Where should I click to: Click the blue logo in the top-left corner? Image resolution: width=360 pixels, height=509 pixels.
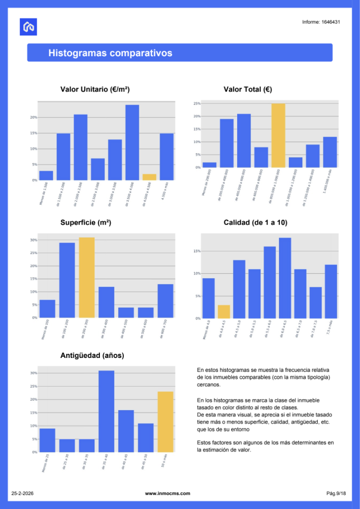pos(28,27)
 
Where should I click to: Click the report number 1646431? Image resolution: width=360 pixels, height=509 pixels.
pos(321,22)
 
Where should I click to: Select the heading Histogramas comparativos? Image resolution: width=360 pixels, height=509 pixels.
pos(110,53)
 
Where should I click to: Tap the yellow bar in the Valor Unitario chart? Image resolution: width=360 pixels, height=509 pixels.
pos(149,177)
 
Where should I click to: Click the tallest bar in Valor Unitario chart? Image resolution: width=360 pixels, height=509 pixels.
pos(132,143)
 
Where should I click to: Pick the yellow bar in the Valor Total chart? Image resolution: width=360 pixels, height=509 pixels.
pos(278,136)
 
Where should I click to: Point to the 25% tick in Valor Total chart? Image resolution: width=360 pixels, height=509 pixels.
pos(197,104)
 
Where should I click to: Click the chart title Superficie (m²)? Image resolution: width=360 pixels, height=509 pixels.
pos(86,223)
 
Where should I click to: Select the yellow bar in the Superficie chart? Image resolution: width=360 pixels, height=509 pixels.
pos(87,277)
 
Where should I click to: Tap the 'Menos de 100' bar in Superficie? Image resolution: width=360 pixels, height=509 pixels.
pos(47,309)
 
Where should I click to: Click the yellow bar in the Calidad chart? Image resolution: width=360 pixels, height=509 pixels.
pos(224,312)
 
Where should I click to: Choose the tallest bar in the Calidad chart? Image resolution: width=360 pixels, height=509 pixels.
pos(285,278)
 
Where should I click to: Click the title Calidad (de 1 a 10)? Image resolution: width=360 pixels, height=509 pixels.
pos(256,223)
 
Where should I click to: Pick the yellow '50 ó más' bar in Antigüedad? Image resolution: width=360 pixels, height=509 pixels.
pos(165,422)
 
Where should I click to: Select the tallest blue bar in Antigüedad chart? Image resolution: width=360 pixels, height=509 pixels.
pos(106,412)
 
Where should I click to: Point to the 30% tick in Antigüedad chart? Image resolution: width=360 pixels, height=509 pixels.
pos(33,373)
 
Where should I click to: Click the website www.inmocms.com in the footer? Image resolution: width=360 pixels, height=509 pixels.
pos(168,494)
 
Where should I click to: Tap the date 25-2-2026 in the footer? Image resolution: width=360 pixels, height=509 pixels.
pos(22,494)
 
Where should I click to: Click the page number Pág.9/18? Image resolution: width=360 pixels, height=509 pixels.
pos(336,494)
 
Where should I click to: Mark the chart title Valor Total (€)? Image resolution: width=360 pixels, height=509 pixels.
pos(248,89)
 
